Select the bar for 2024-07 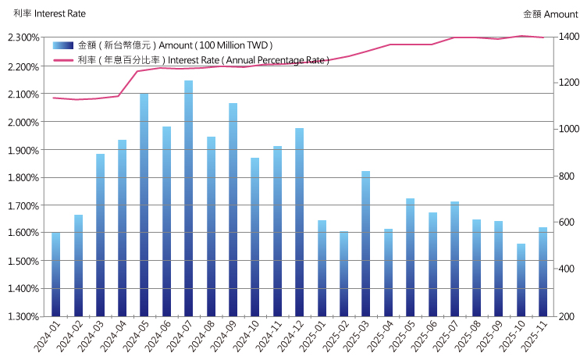click(x=188, y=198)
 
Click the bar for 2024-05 click(x=144, y=205)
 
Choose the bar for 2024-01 click(x=55, y=274)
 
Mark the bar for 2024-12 click(x=299, y=222)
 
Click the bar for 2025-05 click(x=410, y=257)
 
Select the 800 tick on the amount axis click(x=564, y=177)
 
